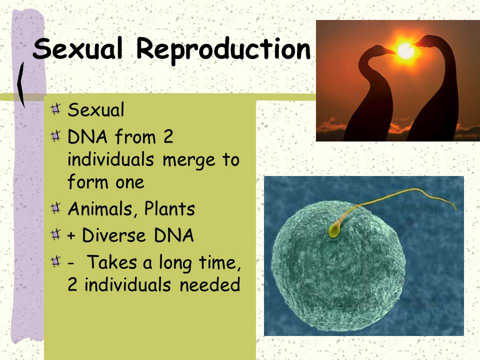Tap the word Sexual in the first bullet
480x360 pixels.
point(96,110)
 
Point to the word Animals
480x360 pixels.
point(100,209)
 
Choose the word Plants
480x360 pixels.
point(169,209)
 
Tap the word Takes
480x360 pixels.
point(112,262)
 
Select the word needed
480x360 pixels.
point(209,284)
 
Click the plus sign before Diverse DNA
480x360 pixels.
point(71,236)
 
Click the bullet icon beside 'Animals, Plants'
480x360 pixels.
point(55,208)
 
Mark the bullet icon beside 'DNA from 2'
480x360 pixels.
point(55,135)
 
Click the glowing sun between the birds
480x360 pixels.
point(405,50)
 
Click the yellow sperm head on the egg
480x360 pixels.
point(334,231)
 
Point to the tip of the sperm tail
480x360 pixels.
point(456,209)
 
